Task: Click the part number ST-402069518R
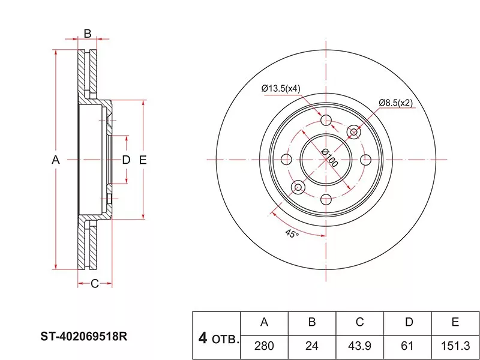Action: pos(84,337)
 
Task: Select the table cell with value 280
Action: pos(265,346)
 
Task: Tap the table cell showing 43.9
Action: pos(359,346)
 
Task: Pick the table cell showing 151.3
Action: pos(455,346)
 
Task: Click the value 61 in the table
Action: pos(407,346)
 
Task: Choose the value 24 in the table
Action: pos(312,346)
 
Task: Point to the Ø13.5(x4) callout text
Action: pos(281,89)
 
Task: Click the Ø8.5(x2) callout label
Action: pos(395,103)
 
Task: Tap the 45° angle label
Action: pos(292,234)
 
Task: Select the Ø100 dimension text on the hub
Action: pos(330,158)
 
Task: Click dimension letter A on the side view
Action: pos(55,160)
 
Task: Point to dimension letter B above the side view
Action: pos(88,34)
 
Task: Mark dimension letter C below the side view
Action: pos(95,284)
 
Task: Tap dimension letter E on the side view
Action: pos(143,160)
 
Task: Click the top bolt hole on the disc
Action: pos(326,119)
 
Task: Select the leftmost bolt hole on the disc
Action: pos(286,160)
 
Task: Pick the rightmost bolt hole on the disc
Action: pos(366,160)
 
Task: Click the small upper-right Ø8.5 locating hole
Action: pos(354,132)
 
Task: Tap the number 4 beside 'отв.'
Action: pos(203,338)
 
